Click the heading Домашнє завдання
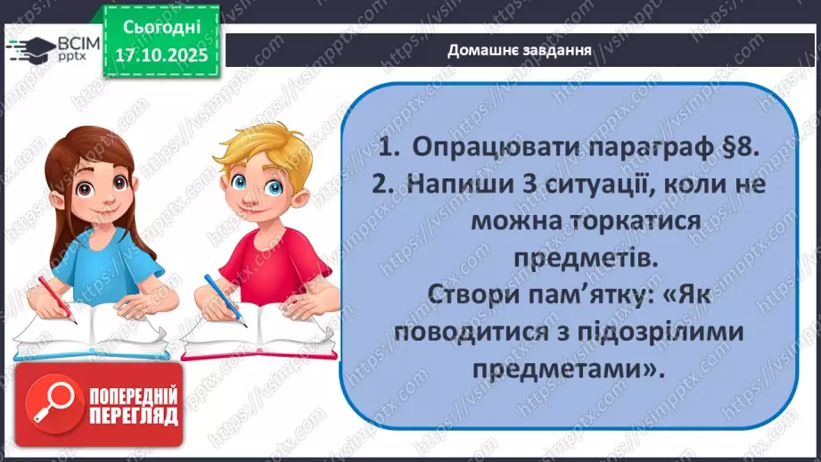pyautogui.click(x=521, y=50)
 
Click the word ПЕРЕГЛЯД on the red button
pyautogui.click(x=134, y=417)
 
